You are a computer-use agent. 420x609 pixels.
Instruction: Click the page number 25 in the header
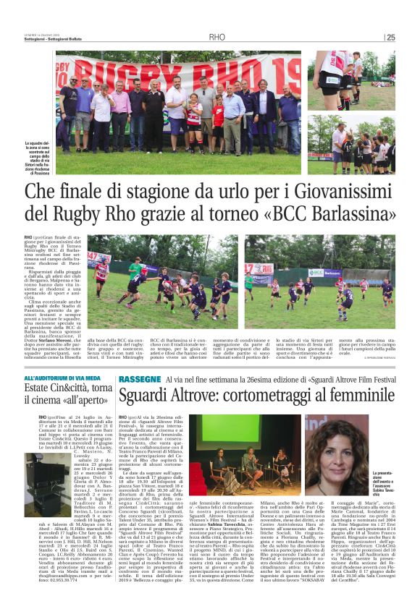click(390, 37)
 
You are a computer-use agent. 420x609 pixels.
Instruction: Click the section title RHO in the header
click(217, 37)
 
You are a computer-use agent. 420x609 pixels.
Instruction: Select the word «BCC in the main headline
click(275, 214)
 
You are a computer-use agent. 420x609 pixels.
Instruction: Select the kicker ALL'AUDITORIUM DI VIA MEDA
click(62, 378)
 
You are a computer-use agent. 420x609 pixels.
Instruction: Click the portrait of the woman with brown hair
click(330, 451)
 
